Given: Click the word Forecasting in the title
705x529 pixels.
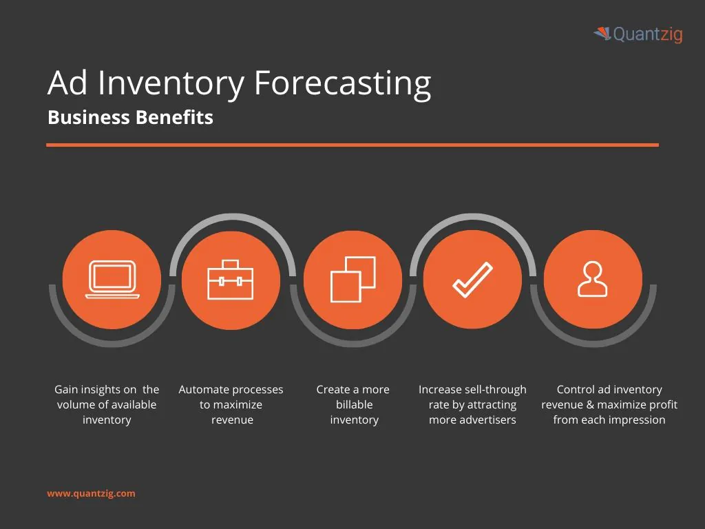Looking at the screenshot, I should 342,83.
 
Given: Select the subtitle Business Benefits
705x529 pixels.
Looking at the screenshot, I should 130,118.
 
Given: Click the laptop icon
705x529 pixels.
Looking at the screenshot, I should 112,280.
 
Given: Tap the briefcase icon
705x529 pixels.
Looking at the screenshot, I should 231,280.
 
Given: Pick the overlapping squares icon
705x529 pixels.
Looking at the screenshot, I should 352,280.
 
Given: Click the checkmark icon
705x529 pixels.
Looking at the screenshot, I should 472,280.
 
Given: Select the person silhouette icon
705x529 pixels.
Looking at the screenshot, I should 593,280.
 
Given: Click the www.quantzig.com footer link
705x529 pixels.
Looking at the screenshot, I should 91,493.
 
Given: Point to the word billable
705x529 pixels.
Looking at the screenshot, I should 354,405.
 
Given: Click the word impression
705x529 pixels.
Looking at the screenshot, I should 636,420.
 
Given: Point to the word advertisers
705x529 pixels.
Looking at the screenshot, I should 492,420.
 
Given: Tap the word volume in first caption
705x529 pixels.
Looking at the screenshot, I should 74,405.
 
